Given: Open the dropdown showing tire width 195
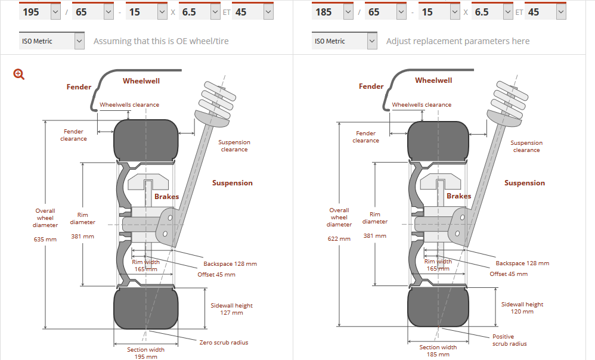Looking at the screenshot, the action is point(40,12).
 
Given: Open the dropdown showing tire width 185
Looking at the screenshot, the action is point(333,12).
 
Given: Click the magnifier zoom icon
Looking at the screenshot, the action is point(18,74).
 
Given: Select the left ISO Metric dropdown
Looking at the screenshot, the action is point(52,41).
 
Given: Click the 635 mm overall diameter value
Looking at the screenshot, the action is point(45,240).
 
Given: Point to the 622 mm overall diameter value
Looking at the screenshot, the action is point(339,238).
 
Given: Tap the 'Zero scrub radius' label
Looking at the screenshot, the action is point(224,342).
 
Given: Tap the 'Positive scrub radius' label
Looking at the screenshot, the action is point(509,340).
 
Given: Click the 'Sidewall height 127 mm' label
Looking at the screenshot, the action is point(231,309).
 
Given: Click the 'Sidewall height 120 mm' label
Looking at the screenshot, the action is point(522,308).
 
